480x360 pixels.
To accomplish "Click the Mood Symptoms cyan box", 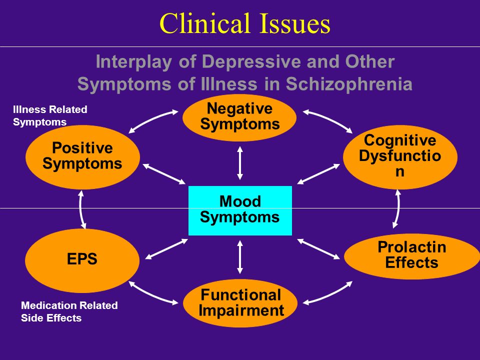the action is pos(240,210).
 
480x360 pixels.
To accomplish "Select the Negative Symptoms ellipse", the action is pos(239,117).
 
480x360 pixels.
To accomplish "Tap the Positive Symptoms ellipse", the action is pos(82,157).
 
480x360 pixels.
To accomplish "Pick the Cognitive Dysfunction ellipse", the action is pos(400,157).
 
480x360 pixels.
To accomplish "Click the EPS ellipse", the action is pos(82,260).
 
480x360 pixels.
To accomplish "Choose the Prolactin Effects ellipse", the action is pos(412,256).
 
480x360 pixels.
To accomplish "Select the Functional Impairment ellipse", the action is pos(240,303).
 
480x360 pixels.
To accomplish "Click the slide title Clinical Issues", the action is pos(245,23).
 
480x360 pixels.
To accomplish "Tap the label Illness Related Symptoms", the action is pos(50,115).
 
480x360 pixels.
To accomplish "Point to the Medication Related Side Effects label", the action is pos(69,311).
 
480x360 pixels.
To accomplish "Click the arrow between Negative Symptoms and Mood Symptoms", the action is pos(240,163).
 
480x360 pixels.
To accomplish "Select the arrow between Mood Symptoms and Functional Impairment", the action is pos(240,257).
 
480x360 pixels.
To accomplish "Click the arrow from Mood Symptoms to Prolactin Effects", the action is pos(318,249).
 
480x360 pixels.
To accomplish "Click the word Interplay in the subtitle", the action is pos(134,62).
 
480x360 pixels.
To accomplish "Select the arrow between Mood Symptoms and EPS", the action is pos(166,249).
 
